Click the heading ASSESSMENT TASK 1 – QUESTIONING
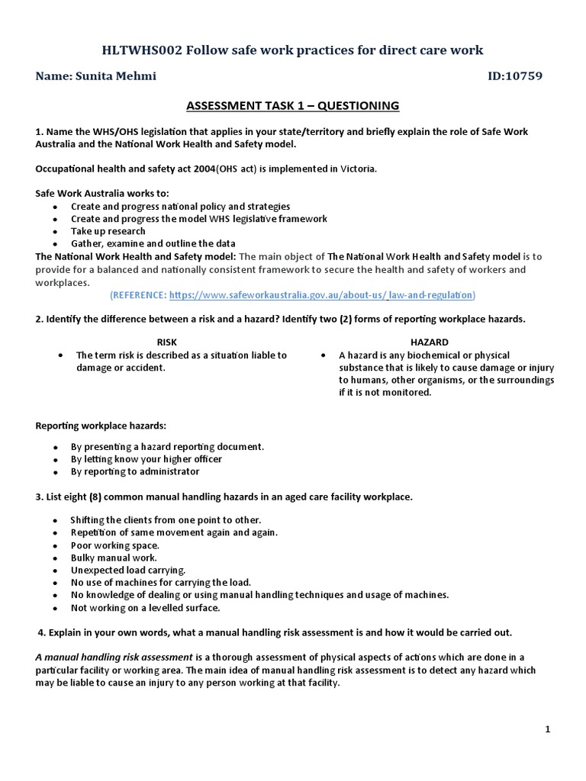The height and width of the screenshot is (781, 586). pyautogui.click(x=293, y=105)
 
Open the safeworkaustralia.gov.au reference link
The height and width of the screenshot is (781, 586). pyautogui.click(x=320, y=294)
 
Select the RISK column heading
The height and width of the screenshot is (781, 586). pyautogui.click(x=166, y=342)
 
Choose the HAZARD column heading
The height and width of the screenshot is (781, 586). pyautogui.click(x=430, y=342)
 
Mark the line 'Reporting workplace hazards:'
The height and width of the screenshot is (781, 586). pyautogui.click(x=101, y=424)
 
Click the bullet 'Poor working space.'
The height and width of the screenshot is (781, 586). pyautogui.click(x=115, y=545)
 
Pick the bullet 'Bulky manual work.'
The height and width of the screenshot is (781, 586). pyautogui.click(x=113, y=558)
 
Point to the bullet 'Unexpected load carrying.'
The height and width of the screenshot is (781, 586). pyautogui.click(x=127, y=570)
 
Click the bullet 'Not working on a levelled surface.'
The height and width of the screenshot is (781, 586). pyautogui.click(x=145, y=607)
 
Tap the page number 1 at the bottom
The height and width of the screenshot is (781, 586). pyautogui.click(x=548, y=730)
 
